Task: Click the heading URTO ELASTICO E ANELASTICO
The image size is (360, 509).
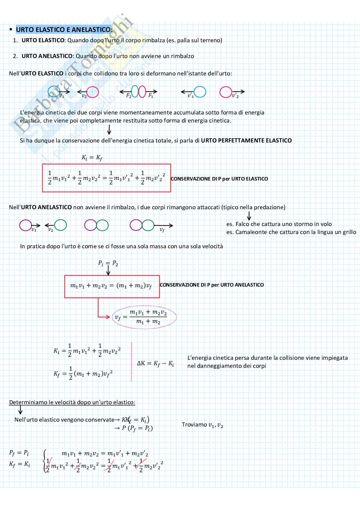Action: point(64,30)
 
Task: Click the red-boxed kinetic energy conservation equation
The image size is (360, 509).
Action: point(106,178)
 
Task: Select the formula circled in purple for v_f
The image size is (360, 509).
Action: point(144,317)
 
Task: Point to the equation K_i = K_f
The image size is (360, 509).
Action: point(92,158)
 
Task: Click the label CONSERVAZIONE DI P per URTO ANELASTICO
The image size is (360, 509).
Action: point(212,285)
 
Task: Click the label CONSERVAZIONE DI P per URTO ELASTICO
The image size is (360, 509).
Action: point(219,179)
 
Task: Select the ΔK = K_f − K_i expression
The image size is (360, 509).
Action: point(155,364)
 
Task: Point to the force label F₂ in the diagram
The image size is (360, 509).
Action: point(129,95)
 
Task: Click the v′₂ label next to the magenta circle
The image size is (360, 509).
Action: point(235,96)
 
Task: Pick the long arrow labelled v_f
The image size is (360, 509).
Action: point(164,226)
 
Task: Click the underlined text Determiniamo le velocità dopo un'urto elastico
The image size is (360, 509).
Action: point(72,402)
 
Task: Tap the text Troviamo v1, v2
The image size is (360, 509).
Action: point(202,425)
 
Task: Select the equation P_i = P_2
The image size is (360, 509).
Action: point(108,263)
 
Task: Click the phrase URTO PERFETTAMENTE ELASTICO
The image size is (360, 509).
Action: point(246,141)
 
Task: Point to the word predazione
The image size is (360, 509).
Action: point(269,207)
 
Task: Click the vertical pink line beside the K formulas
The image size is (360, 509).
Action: point(132,362)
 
